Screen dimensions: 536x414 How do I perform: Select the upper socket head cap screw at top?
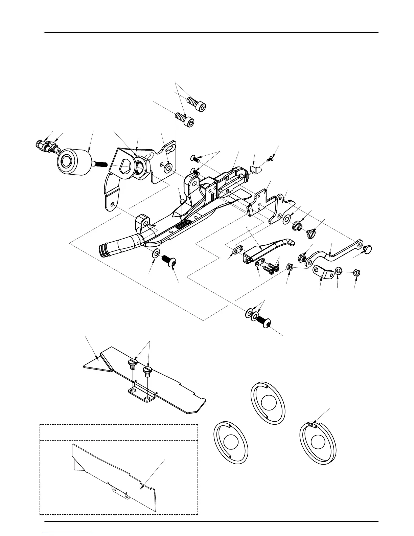(197, 104)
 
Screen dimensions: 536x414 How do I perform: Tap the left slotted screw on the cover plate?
(132, 364)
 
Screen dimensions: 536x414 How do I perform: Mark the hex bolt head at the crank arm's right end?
(367, 250)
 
